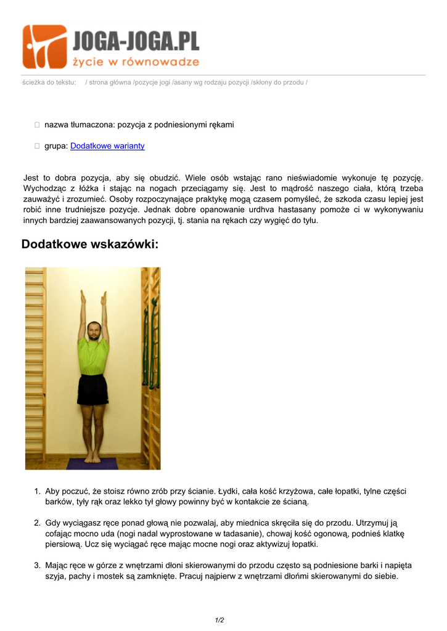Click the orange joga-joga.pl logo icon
pyautogui.click(x=45, y=46)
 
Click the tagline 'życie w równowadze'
pyautogui.click(x=136, y=62)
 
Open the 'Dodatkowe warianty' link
pyautogui.click(x=107, y=146)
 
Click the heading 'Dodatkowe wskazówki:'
pyautogui.click(x=90, y=245)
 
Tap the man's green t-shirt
pyautogui.click(x=93, y=355)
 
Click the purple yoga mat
pyautogui.click(x=92, y=463)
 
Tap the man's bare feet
pyautogui.click(x=92, y=458)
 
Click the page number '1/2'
pyautogui.click(x=219, y=620)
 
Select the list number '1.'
pyautogui.click(x=37, y=491)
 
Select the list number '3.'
pyautogui.click(x=37, y=565)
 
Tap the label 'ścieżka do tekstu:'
pyautogui.click(x=49, y=83)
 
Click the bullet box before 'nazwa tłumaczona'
pyautogui.click(x=37, y=125)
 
